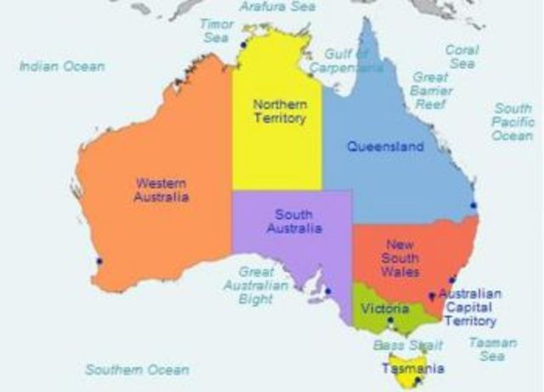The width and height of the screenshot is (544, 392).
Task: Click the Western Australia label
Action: point(161,189)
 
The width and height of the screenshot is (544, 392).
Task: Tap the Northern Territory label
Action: point(279,111)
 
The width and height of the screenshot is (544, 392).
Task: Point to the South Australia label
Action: point(294,221)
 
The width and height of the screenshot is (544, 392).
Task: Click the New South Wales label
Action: point(400,258)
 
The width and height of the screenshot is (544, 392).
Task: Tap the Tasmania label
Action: point(412,369)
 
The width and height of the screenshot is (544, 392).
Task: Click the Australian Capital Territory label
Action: point(470,307)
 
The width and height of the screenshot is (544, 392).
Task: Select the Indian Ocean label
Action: point(62,65)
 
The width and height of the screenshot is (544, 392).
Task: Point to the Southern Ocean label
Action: point(137,370)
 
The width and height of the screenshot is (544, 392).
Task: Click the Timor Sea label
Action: point(217,31)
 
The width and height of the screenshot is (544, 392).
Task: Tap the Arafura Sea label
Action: point(273,7)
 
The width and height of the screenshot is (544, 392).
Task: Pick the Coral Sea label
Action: point(462,56)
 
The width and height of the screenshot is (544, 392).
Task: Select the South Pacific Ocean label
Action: point(513,122)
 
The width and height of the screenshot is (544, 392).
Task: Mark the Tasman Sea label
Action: point(492,349)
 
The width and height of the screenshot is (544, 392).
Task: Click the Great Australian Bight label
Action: point(262,285)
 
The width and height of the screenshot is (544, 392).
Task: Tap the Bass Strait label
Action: point(401,345)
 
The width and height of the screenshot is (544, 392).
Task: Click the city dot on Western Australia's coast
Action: point(99,261)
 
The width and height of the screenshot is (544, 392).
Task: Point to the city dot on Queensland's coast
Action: point(473,205)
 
